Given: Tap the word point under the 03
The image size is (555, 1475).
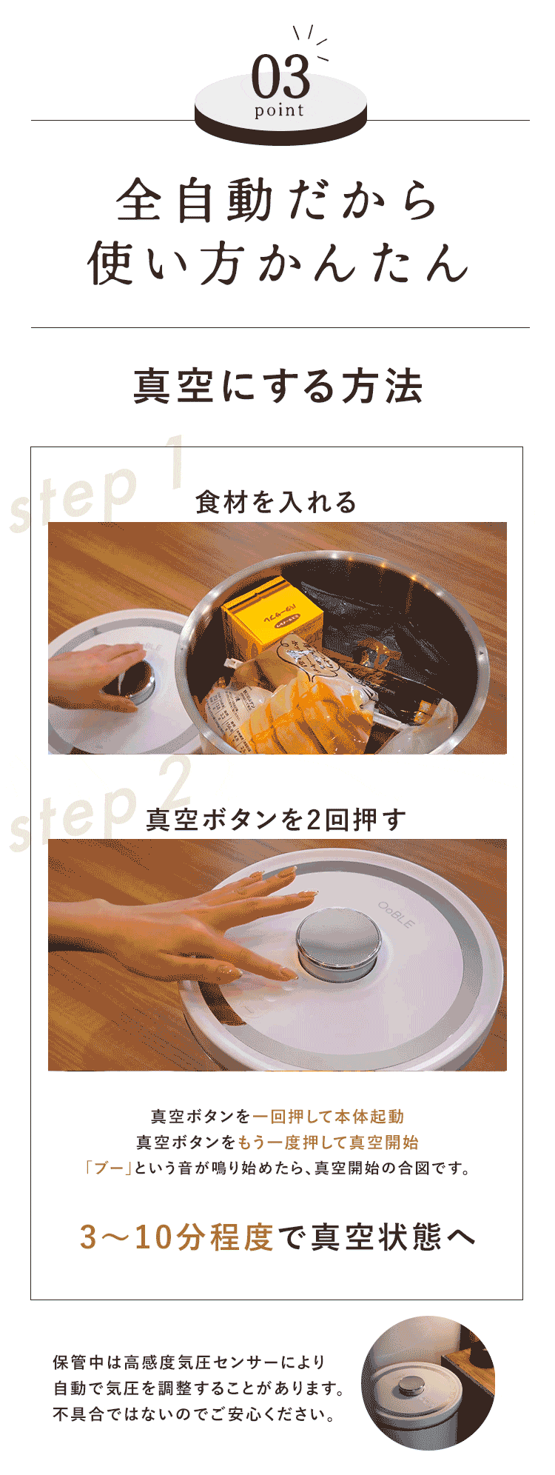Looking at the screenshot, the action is click(280, 111).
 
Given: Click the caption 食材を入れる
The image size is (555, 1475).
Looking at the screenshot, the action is click(277, 502).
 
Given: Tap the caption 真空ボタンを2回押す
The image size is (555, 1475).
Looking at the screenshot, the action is click(277, 820).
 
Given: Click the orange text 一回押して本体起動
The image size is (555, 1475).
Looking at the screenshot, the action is click(328, 1116).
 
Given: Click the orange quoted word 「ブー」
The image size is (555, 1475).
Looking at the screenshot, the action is click(108, 1168).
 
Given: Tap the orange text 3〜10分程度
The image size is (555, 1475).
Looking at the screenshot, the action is click(177, 1237).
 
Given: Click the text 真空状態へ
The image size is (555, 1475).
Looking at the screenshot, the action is click(394, 1237).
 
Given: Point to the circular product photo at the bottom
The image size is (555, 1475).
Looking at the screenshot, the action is click(428, 1383).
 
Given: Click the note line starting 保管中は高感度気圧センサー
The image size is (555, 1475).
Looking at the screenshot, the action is click(189, 1362).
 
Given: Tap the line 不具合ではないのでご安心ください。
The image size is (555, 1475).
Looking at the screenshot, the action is click(194, 1414).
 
